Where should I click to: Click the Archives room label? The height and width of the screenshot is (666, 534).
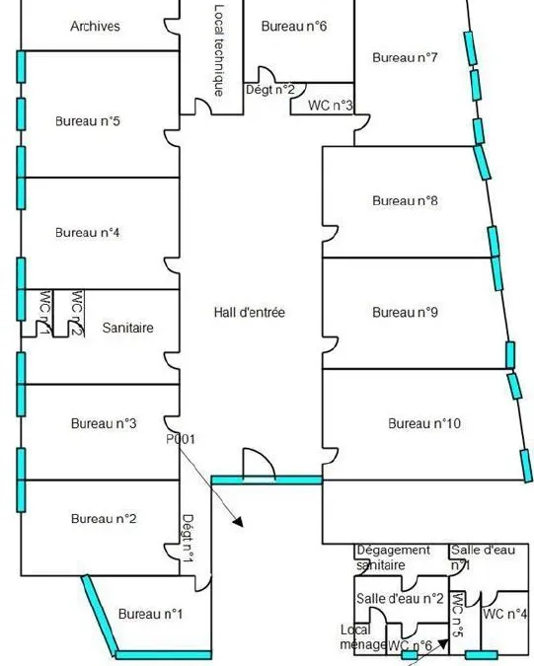click(95, 27)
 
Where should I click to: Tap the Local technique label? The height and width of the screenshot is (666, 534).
click(219, 50)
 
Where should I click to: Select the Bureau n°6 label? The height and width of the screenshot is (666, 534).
click(294, 27)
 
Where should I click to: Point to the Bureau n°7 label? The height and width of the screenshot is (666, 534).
click(405, 57)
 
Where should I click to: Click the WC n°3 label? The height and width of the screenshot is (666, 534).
click(331, 105)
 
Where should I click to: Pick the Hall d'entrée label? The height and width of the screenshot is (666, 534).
click(250, 313)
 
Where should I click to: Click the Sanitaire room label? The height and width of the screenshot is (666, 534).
click(128, 328)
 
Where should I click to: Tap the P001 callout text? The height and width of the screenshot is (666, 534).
click(181, 439)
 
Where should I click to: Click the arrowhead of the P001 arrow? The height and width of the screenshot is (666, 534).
click(238, 522)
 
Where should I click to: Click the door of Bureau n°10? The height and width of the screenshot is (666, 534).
click(331, 456)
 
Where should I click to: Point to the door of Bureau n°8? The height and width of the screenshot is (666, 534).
click(331, 234)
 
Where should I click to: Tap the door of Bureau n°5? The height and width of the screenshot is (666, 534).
click(172, 138)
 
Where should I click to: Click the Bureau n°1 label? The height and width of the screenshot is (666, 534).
click(150, 614)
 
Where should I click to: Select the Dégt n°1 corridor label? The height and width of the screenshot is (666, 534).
click(188, 539)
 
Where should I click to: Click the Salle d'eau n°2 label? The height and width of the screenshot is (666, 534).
click(400, 599)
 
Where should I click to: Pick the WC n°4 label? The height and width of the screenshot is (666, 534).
click(504, 614)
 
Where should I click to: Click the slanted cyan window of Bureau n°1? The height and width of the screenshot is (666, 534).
click(100, 616)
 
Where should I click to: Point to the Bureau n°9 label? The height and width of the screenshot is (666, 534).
click(405, 313)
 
